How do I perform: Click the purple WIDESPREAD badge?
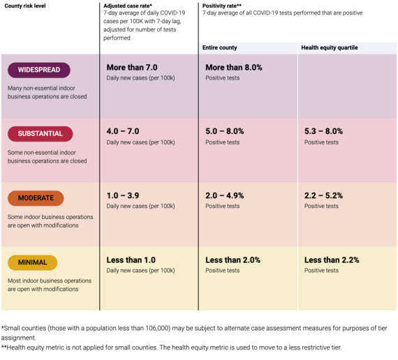coord(39,70)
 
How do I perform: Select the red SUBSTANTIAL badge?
coord(40,134)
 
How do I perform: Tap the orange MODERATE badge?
coord(36,198)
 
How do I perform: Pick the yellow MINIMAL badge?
coord(33,262)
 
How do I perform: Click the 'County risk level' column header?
coord(25,6)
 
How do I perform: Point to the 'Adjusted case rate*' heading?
coord(128,6)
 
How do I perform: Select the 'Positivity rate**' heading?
coord(222,6)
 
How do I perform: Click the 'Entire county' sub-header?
coord(219,47)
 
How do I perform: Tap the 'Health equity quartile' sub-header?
coord(330,47)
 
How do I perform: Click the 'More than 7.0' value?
coord(132,68)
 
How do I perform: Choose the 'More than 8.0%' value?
coord(234,68)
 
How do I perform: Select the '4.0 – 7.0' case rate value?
coord(123,131)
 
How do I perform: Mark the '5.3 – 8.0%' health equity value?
coord(323,131)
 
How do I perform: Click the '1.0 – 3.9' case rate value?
coord(123,195)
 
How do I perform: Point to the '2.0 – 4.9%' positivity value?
coord(225,195)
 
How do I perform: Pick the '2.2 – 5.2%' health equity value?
coord(323,195)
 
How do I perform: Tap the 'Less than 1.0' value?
coord(131,260)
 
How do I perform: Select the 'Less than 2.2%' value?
coord(332,260)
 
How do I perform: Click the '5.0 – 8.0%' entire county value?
coord(225,131)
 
